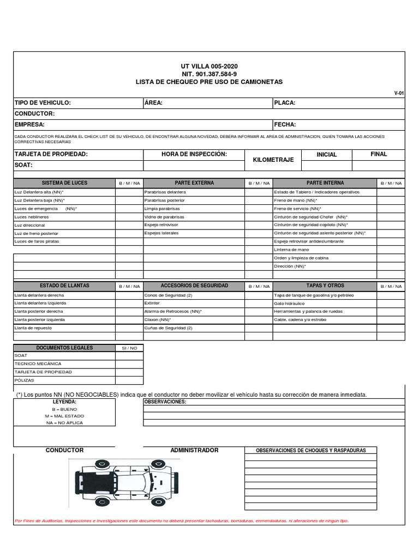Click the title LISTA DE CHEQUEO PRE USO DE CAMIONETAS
click(209, 82)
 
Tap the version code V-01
click(399, 93)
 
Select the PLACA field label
click(285, 102)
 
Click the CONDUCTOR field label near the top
click(34, 113)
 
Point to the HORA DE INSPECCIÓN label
click(194, 154)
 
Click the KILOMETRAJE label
click(273, 160)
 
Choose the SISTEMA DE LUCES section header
click(64, 183)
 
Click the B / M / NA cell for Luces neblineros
click(129, 216)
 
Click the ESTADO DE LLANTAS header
click(64, 286)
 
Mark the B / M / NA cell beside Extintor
click(258, 303)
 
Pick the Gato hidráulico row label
click(289, 303)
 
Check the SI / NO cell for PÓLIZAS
click(129, 380)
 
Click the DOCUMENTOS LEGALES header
click(64, 348)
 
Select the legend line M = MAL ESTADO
click(64, 415)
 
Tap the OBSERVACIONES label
click(165, 402)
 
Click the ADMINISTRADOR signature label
click(194, 450)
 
